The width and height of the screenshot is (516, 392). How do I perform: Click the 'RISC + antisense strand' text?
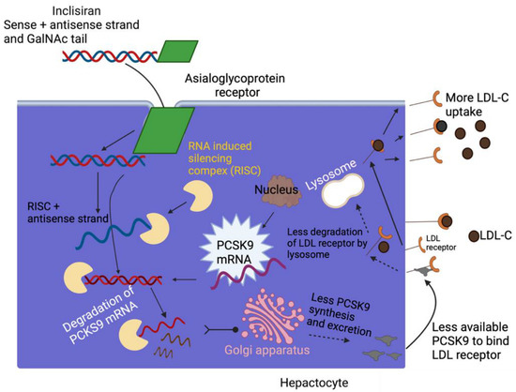click(55, 209)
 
